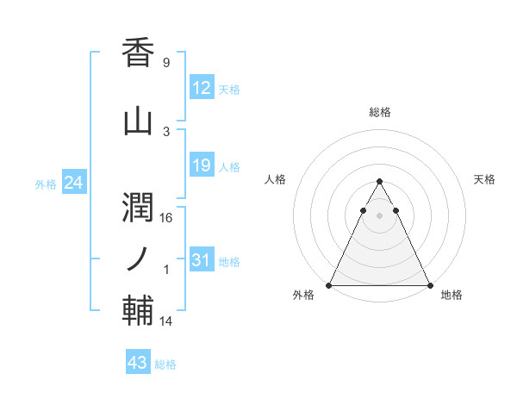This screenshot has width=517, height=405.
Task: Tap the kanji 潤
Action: (x=138, y=203)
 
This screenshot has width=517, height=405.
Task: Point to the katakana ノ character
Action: (x=138, y=257)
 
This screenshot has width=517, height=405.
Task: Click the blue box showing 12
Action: (x=201, y=88)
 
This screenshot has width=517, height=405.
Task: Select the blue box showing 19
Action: (x=201, y=165)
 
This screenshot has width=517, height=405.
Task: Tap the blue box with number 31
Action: (x=201, y=261)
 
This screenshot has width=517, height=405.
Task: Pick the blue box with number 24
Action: (x=73, y=183)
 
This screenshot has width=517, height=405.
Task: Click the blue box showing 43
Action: (x=138, y=363)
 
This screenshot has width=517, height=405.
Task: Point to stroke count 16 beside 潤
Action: (x=167, y=217)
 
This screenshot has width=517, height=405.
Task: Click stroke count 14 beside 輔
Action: (x=167, y=321)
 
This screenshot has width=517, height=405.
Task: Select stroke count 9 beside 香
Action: (x=165, y=63)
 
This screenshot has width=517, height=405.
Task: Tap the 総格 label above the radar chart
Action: (x=380, y=112)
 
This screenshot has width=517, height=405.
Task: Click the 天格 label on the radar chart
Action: (x=484, y=179)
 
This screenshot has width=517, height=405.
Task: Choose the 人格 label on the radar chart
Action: (x=276, y=179)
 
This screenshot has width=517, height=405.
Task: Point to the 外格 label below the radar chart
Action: (x=303, y=296)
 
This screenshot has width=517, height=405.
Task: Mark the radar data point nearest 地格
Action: (x=430, y=284)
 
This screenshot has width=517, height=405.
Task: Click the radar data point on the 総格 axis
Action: (x=380, y=182)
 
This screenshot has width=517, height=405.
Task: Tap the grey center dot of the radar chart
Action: (x=380, y=215)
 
